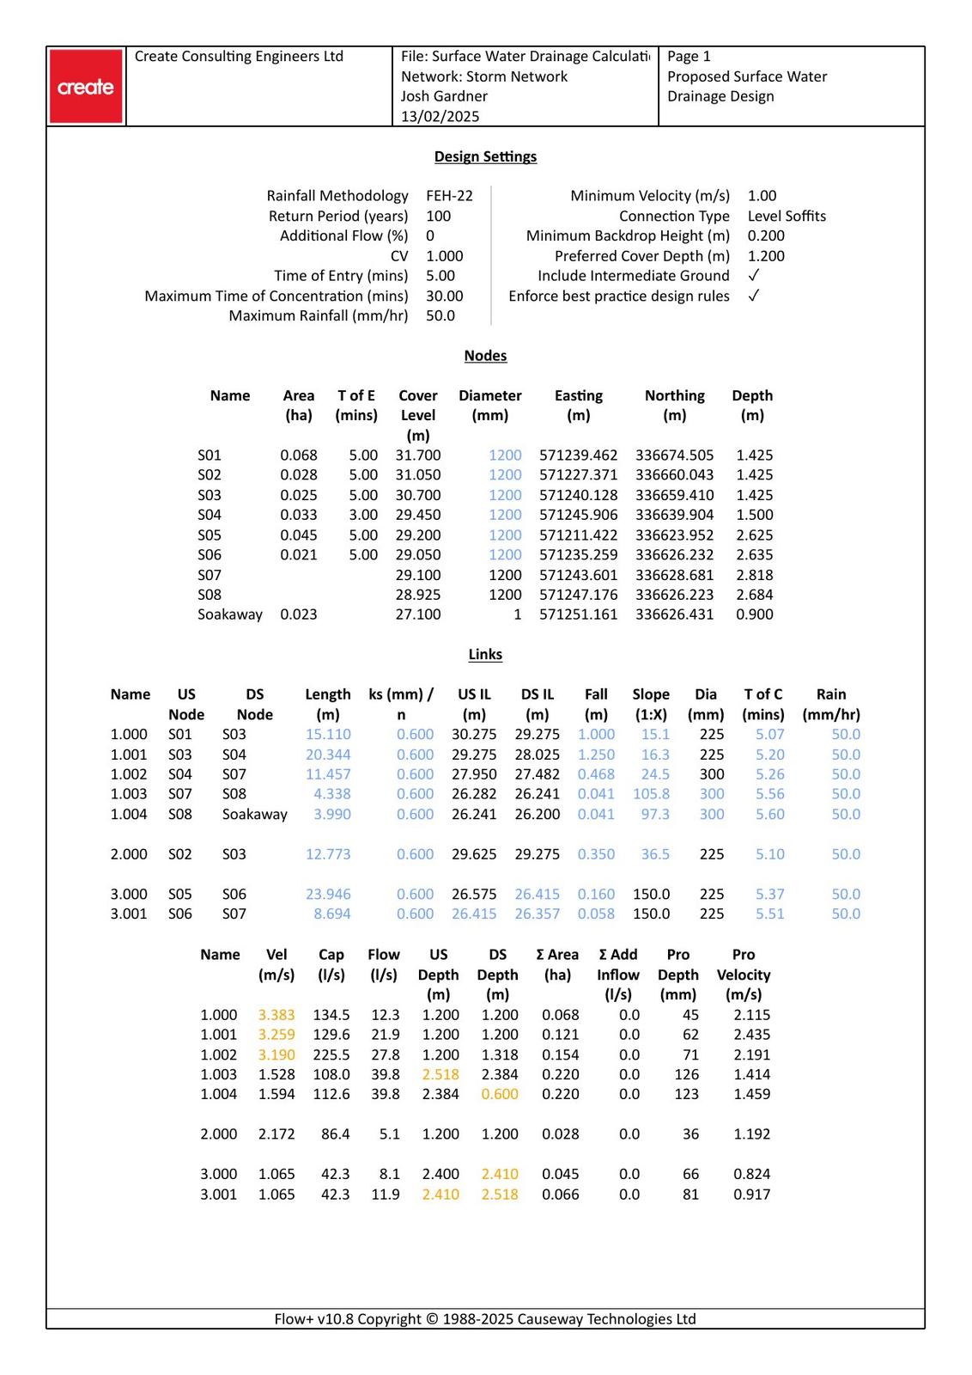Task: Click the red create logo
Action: pos(86,87)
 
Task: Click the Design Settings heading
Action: pos(485,156)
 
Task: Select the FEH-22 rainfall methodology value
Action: pos(449,196)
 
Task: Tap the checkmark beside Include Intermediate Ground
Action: pos(753,276)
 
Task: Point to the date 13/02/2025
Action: pos(440,116)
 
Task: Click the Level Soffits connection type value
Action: pos(787,216)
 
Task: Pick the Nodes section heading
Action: pos(485,356)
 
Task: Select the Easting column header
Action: pos(578,396)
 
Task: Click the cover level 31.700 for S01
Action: pos(418,455)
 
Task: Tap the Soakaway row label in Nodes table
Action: pos(229,614)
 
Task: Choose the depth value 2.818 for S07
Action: pos(754,575)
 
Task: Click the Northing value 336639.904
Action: pos(674,515)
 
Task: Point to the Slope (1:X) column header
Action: pos(651,704)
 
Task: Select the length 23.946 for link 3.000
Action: pos(328,895)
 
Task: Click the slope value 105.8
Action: pos(651,794)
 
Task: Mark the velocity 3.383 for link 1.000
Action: pos(276,1015)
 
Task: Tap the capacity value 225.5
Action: pos(331,1055)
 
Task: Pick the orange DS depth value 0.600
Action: pos(500,1094)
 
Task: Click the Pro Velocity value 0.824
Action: pos(751,1174)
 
